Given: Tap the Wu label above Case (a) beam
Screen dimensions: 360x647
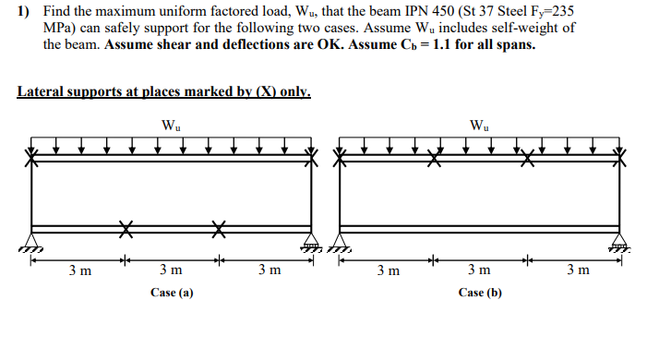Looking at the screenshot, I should (x=171, y=126).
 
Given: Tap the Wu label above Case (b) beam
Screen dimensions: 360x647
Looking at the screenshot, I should (x=480, y=126).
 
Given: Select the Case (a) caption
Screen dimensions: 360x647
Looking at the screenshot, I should (x=171, y=293).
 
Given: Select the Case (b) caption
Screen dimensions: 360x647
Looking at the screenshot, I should (x=480, y=293).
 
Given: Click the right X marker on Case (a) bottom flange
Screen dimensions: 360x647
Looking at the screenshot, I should (x=219, y=227).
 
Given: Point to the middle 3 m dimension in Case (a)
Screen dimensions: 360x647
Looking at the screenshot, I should (x=171, y=271).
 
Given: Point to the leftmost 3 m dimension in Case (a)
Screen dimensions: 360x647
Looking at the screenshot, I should (x=80, y=271).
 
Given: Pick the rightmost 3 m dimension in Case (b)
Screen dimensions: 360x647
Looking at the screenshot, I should (x=575, y=271).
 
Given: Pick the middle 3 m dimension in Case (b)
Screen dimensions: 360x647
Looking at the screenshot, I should (x=479, y=271).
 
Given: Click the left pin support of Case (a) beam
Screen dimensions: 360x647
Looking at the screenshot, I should (x=33, y=246).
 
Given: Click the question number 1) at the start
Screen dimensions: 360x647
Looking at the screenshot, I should (x=24, y=12).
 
